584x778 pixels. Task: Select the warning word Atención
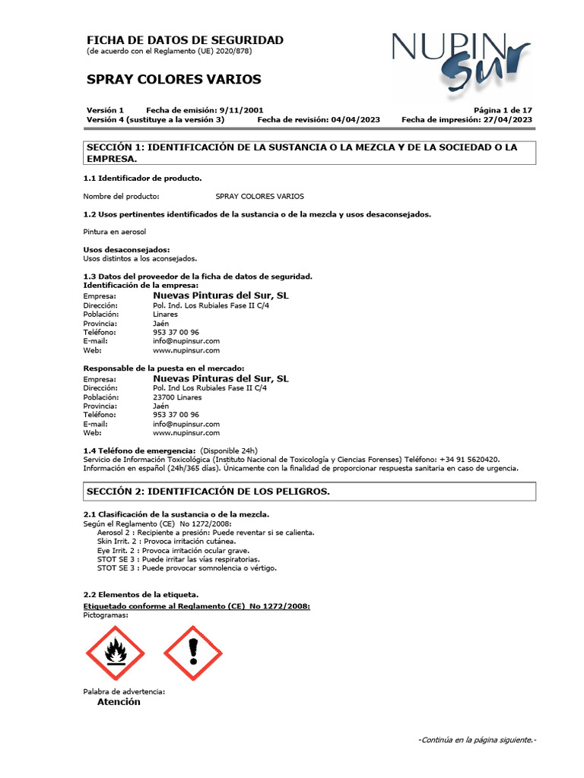tap(119, 702)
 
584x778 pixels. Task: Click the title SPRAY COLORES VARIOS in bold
tap(174, 79)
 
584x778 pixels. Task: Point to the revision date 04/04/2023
tap(354, 120)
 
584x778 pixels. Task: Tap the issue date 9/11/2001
tap(241, 110)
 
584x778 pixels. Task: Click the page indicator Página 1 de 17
tap(503, 110)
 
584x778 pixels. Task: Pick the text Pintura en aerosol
tap(114, 231)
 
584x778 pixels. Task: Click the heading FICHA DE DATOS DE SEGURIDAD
tap(185, 40)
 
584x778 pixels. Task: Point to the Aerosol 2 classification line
tap(205, 533)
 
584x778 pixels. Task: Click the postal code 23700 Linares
tap(177, 397)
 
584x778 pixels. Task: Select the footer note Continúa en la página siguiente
tap(477, 739)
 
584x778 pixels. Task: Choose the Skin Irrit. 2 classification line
tap(179, 541)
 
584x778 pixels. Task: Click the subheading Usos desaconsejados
tap(126, 249)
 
